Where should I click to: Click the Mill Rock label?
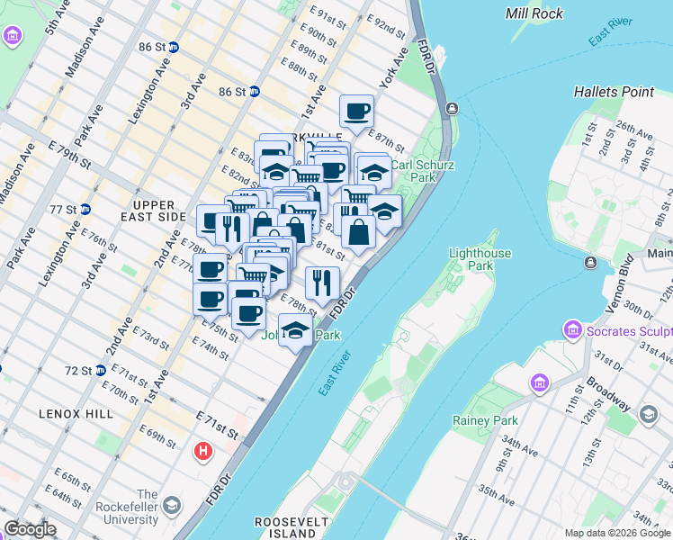pos(534,13)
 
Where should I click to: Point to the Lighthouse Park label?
pos(480,260)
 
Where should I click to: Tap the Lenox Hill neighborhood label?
pos(76,413)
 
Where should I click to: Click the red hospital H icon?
pos(204,451)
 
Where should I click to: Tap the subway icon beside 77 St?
pos(85,210)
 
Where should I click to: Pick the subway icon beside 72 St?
pos(101,370)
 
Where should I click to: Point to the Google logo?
pos(29,529)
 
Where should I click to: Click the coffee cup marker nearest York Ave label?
pos(356,112)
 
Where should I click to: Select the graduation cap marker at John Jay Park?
pos(295,330)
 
